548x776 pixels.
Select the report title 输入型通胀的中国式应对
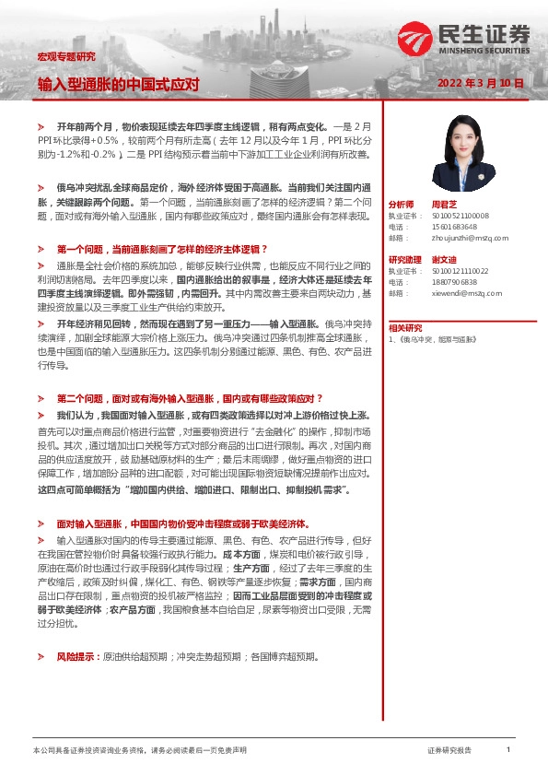pyautogui.click(x=119, y=84)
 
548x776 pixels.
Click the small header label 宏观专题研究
pyautogui.click(x=65, y=56)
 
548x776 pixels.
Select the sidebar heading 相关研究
pyautogui.click(x=405, y=328)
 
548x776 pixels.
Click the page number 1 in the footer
pyautogui.click(x=508, y=751)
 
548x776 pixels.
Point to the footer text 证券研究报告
pyautogui.click(x=450, y=751)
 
